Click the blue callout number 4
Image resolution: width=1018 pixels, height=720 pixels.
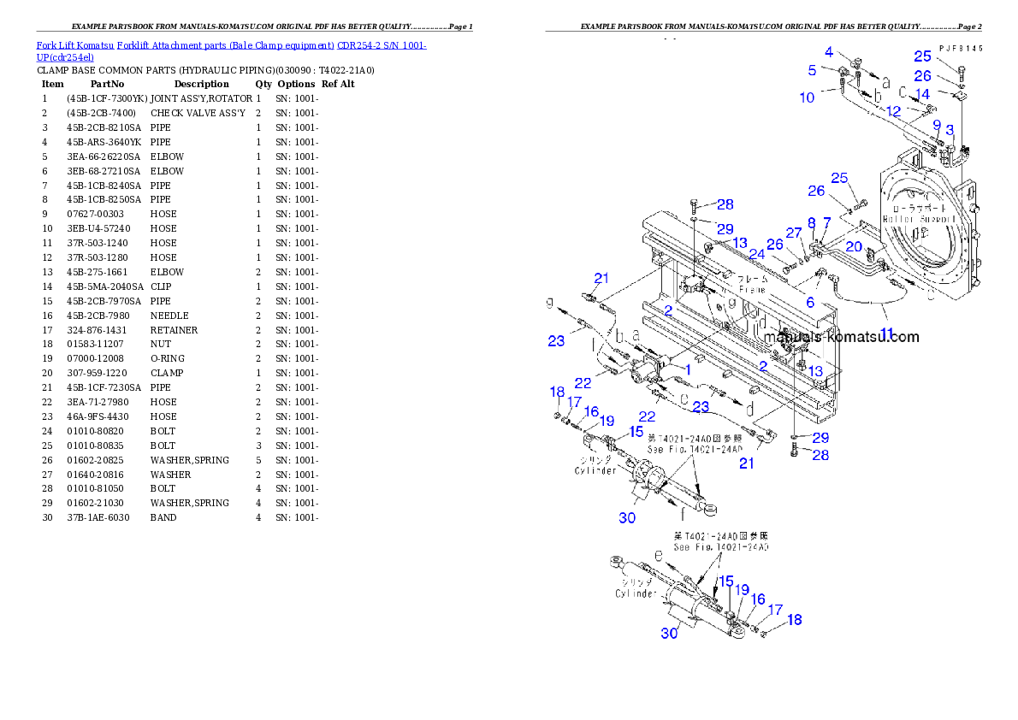(x=829, y=53)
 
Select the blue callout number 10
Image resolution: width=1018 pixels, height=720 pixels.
(x=807, y=97)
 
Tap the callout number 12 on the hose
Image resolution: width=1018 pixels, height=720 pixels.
(x=893, y=111)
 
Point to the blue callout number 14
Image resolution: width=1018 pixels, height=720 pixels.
(x=921, y=94)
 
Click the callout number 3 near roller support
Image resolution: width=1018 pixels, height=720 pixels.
(x=950, y=130)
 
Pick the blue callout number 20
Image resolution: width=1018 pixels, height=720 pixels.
(x=854, y=246)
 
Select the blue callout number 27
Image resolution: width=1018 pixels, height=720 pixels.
(x=794, y=233)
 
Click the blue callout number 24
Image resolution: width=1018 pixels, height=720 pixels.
(x=756, y=254)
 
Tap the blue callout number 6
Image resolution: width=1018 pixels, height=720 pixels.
(x=810, y=302)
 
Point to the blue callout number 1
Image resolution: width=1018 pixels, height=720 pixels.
(x=685, y=369)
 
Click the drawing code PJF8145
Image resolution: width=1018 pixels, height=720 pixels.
(x=960, y=49)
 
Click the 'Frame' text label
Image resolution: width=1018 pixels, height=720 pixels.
(x=751, y=290)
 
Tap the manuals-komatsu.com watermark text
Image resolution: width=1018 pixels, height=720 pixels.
(x=842, y=337)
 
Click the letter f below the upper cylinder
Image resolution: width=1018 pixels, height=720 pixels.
(x=682, y=515)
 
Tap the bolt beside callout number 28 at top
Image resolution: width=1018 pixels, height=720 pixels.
(x=694, y=205)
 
